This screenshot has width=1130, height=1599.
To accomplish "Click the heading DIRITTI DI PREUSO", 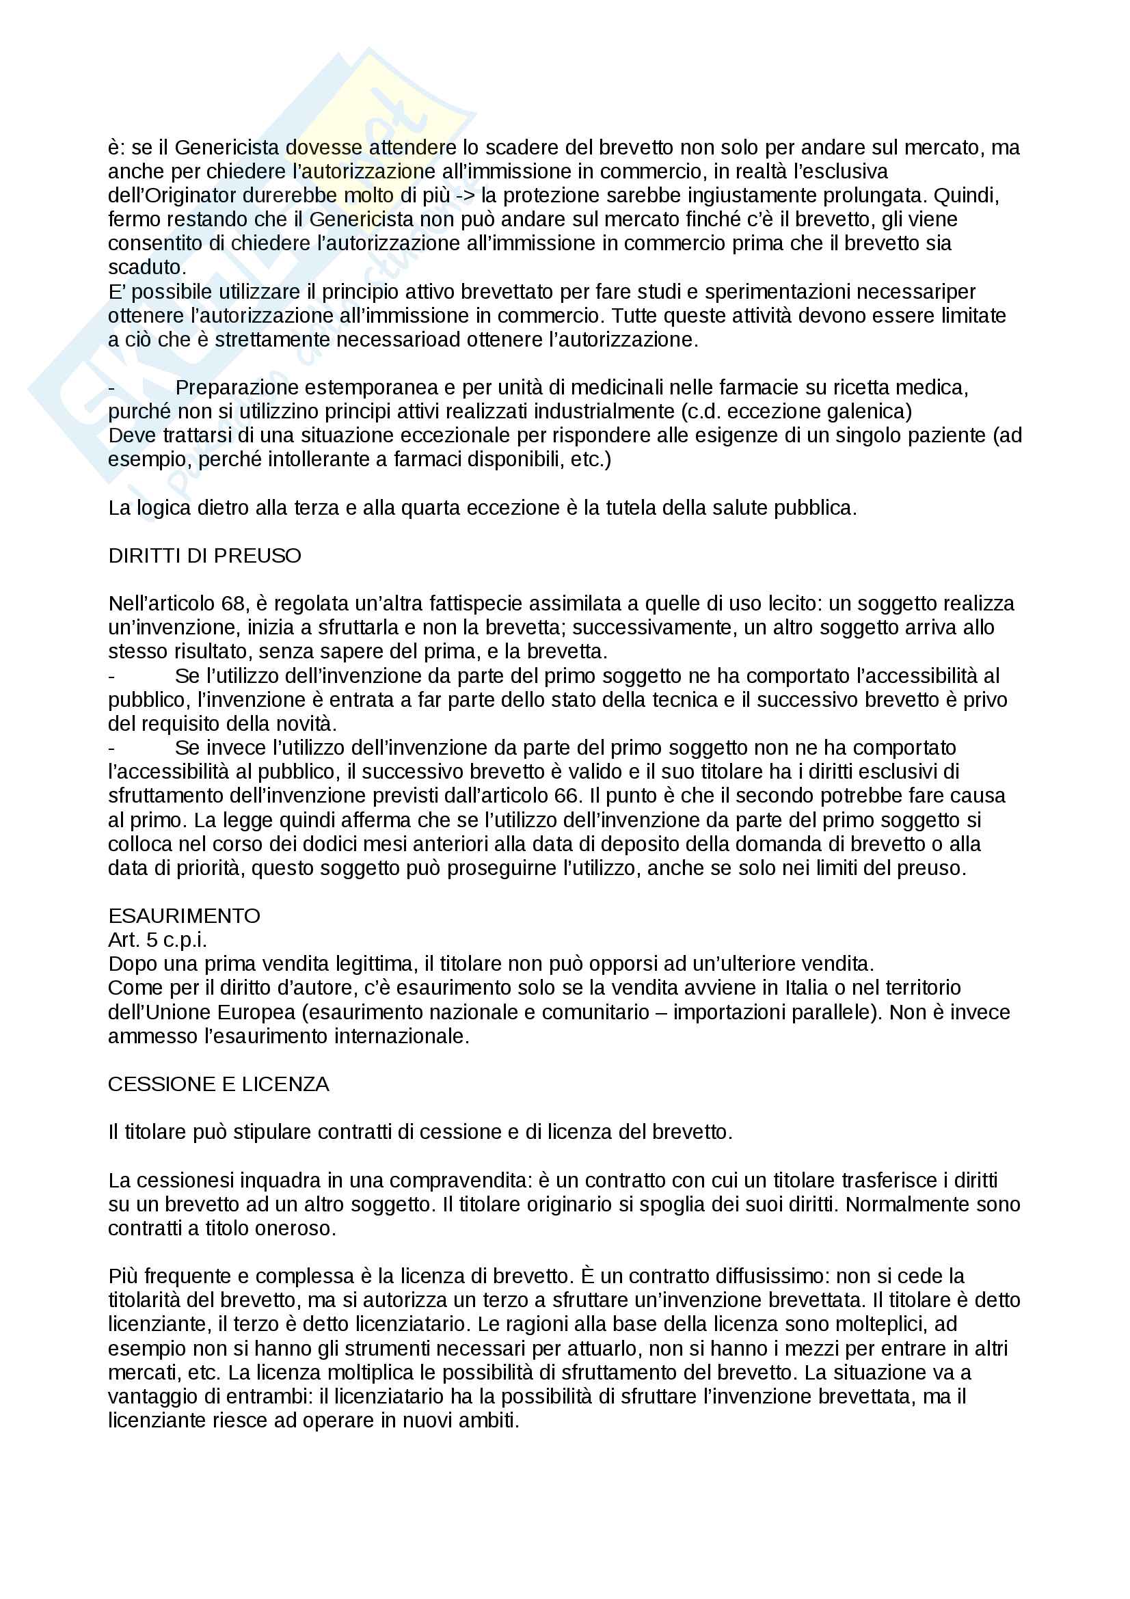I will [x=204, y=556].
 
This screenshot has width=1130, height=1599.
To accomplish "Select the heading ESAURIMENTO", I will [x=184, y=916].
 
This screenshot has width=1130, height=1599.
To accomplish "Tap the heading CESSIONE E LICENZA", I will [x=219, y=1084].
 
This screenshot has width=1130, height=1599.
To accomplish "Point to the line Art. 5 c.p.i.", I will [x=157, y=940].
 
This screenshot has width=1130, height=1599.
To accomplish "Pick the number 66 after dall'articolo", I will [x=567, y=796].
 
